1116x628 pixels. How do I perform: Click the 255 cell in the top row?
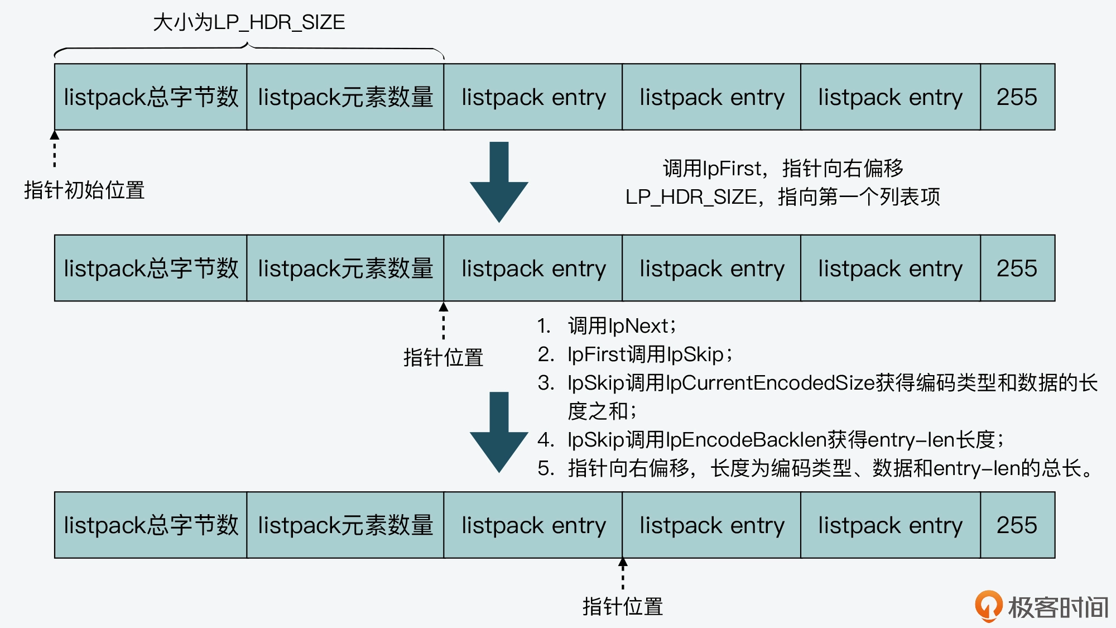click(x=1017, y=97)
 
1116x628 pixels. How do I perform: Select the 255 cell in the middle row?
click(x=1017, y=269)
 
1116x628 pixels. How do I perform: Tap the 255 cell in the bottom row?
click(x=1017, y=525)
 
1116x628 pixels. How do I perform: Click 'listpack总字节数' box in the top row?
click(x=151, y=97)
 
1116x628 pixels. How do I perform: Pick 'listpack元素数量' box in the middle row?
click(x=345, y=269)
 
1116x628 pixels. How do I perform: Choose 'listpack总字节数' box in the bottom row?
click(x=151, y=525)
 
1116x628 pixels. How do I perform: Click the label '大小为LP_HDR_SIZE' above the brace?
click(x=249, y=22)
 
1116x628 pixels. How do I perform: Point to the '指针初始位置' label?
click(x=84, y=190)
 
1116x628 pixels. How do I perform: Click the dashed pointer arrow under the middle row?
click(x=444, y=320)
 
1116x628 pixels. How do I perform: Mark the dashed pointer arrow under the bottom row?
click(x=623, y=573)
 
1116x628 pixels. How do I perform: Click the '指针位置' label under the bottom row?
click(x=623, y=607)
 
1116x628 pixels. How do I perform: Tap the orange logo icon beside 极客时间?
click(x=988, y=606)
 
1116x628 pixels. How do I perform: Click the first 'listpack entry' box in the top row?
click(x=533, y=97)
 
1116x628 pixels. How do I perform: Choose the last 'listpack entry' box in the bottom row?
click(x=890, y=525)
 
